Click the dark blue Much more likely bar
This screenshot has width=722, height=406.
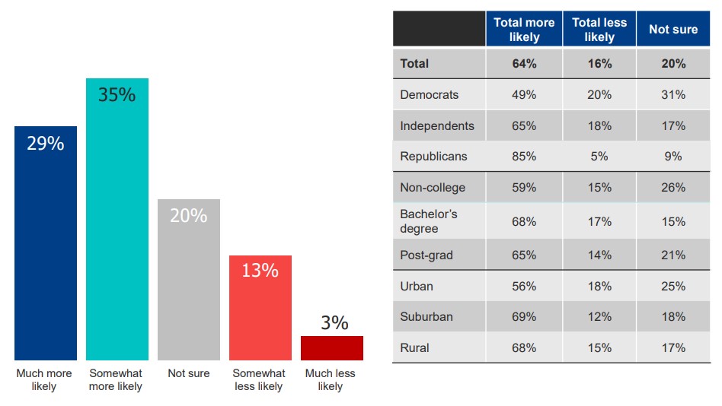[x=46, y=243]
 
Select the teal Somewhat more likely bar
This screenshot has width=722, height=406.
[x=117, y=220]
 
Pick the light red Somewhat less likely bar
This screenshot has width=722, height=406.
[x=260, y=308]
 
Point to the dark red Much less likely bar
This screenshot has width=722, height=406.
[x=331, y=347]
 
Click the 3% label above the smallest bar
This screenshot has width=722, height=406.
[x=334, y=322]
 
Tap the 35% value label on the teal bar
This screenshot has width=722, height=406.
[x=117, y=95]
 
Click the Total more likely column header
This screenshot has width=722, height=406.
[x=524, y=30]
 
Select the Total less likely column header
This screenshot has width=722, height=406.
[x=599, y=30]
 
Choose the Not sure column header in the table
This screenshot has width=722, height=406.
[x=673, y=30]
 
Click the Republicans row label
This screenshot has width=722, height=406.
[x=433, y=157]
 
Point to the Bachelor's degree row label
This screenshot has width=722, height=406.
[x=428, y=221]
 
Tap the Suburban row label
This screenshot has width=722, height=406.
[x=426, y=316]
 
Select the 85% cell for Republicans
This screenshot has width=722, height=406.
[x=524, y=157]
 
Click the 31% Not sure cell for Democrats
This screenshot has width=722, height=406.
[x=673, y=95]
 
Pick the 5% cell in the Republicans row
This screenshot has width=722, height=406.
[x=599, y=157]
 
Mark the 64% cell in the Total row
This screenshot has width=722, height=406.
[x=524, y=64]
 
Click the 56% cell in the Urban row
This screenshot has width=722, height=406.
[x=524, y=286]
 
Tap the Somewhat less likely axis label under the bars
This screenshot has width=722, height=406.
[x=259, y=379]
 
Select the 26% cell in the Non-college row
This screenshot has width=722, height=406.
[x=673, y=187]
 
